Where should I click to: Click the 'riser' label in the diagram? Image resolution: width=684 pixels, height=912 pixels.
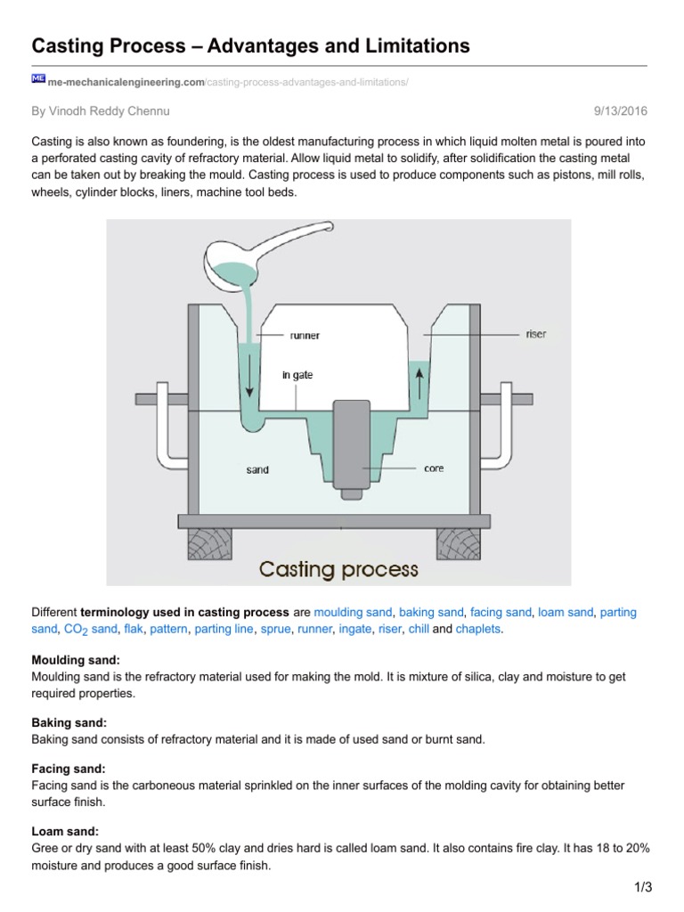click(536, 334)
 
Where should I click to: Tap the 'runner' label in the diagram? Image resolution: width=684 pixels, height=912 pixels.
click(305, 336)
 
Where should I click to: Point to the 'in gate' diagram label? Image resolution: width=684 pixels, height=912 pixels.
click(297, 375)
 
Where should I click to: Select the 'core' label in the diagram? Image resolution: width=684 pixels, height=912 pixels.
click(434, 468)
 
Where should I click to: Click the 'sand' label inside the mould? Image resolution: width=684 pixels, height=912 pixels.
click(257, 468)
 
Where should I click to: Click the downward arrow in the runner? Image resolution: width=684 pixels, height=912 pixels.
click(250, 378)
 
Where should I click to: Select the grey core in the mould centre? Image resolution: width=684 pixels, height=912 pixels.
click(351, 445)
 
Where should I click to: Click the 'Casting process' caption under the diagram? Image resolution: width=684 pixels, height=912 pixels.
click(338, 568)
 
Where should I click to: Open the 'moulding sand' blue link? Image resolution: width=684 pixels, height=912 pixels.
click(354, 613)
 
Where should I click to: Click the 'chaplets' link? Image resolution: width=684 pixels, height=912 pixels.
click(479, 630)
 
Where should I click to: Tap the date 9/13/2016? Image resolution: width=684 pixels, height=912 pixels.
click(621, 111)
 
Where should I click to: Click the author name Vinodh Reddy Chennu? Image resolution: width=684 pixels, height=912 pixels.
click(100, 111)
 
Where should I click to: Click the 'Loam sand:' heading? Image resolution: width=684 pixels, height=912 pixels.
click(65, 831)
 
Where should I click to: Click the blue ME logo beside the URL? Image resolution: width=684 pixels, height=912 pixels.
click(38, 79)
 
